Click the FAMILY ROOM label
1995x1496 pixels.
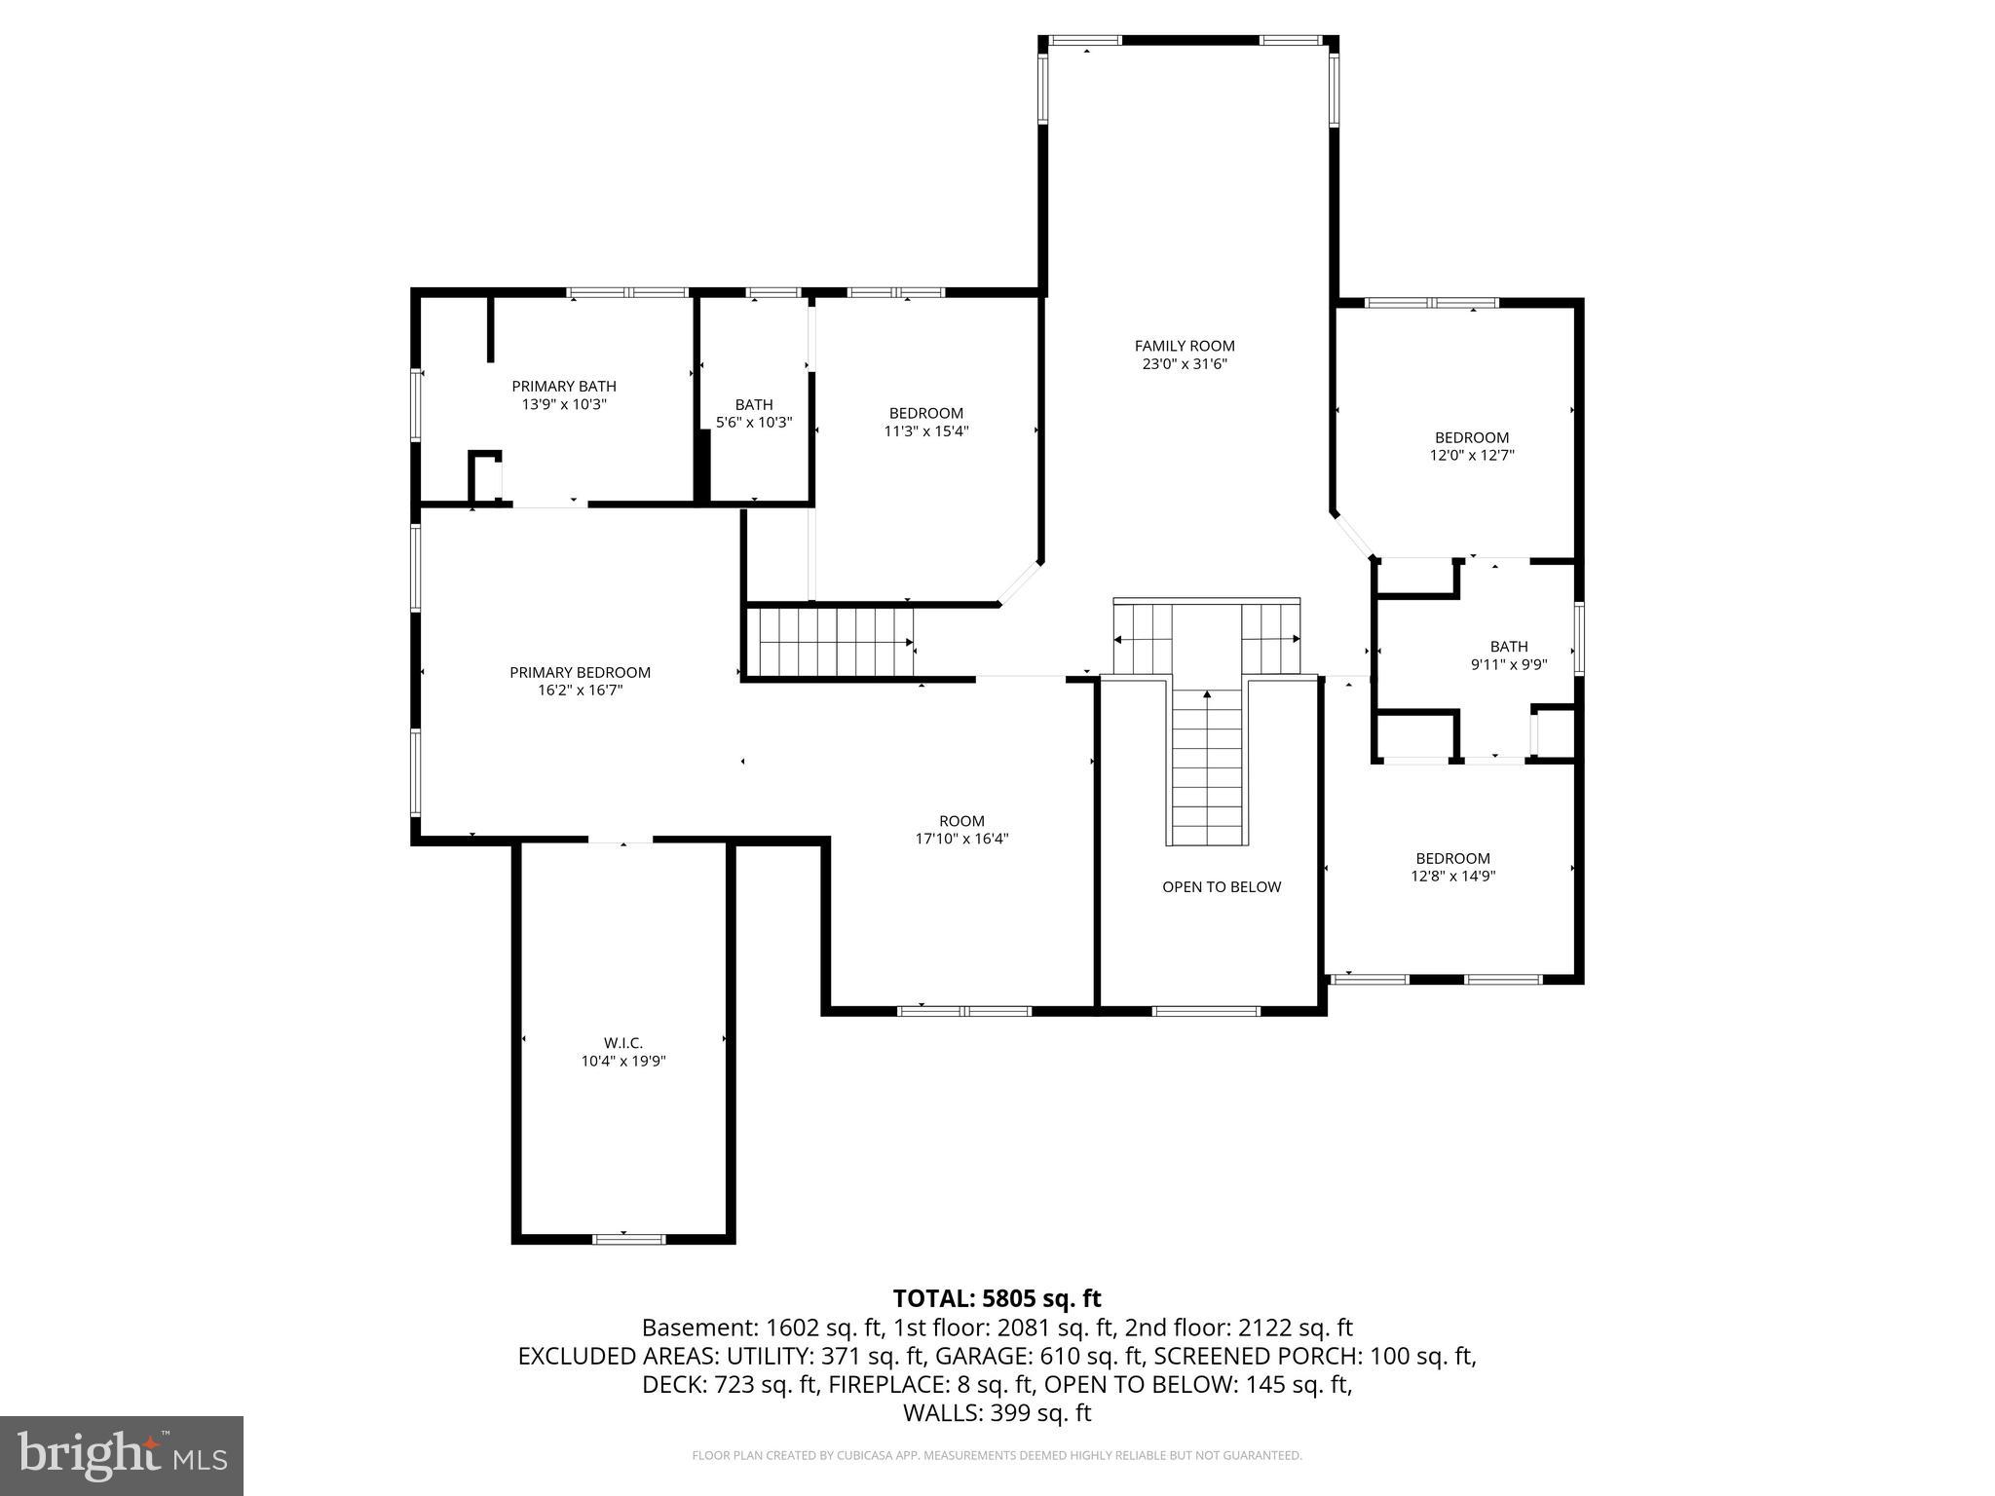click(x=1185, y=346)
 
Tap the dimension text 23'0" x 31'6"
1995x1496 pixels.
click(x=1185, y=364)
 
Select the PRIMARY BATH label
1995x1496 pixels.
click(x=564, y=387)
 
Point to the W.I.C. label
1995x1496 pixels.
click(x=623, y=1043)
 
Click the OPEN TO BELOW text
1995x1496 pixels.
click(x=1222, y=887)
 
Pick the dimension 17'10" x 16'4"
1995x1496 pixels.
click(x=961, y=839)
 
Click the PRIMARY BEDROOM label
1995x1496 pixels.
click(x=580, y=673)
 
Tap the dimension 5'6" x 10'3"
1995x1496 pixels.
click(x=754, y=423)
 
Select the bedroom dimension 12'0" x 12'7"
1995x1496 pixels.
click(x=1471, y=455)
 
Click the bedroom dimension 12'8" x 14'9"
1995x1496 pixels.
click(x=1452, y=876)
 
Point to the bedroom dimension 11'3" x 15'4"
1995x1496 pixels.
click(x=925, y=430)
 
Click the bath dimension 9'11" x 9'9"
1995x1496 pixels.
click(x=1508, y=664)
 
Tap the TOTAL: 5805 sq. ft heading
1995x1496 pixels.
click(x=997, y=1298)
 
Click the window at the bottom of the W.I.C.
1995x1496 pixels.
click(x=628, y=1239)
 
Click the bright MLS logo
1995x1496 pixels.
click(x=122, y=1455)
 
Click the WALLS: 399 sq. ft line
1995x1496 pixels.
click(x=997, y=1413)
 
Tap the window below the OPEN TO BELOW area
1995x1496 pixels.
click(x=1206, y=1011)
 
